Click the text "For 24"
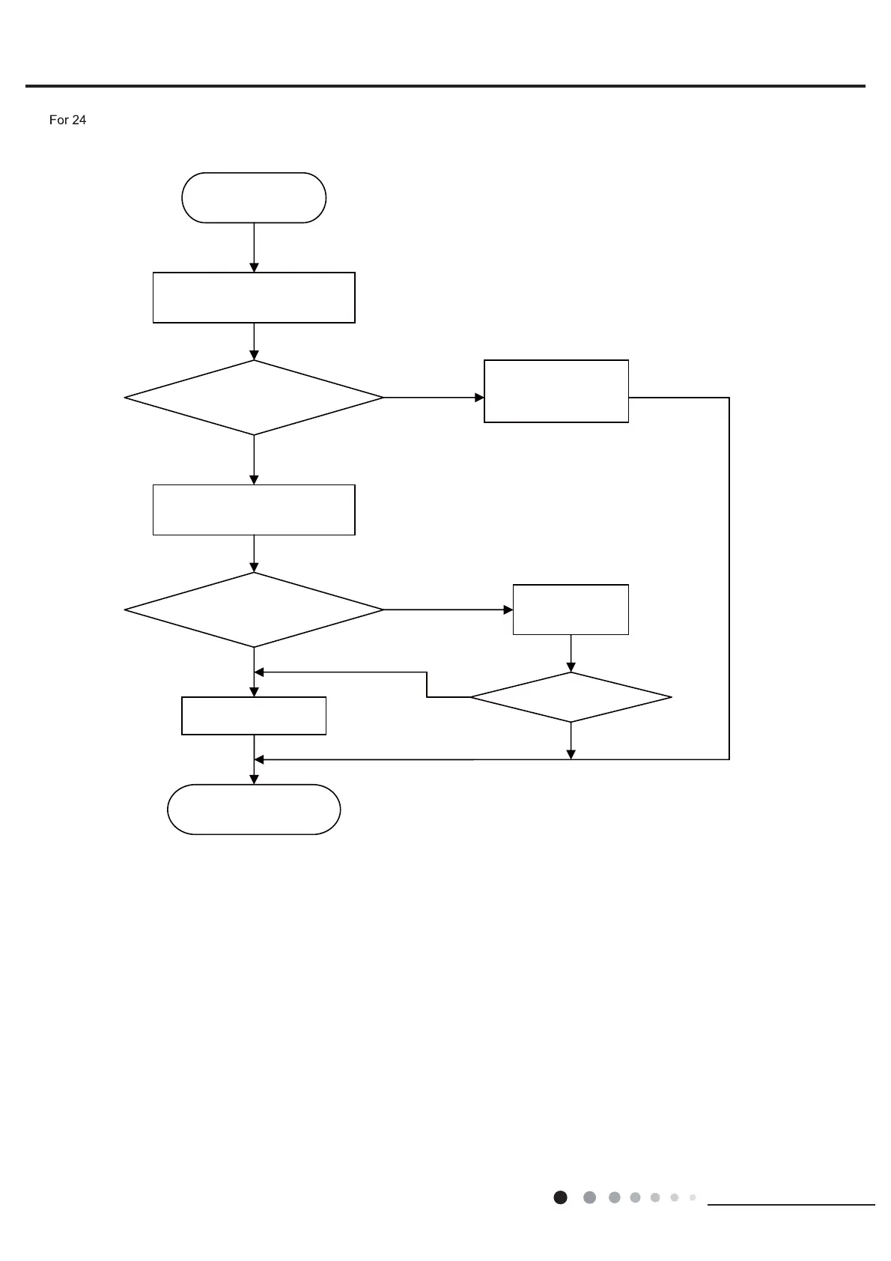67,120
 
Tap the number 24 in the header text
78,120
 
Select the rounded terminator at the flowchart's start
254,198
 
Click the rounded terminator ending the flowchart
254,809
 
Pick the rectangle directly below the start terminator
254,298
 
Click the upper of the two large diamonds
254,398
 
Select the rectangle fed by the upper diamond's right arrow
556,392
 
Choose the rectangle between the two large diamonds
254,510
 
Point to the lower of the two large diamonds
254,610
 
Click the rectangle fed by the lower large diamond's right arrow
571,610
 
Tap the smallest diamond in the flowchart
571,697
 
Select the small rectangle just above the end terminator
254,716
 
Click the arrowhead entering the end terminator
254,780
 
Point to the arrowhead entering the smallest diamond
571,667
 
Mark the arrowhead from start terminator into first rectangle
254,267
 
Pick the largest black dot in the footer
560,1197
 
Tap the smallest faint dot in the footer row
693,1197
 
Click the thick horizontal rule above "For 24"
445,86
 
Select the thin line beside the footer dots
791,1205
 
